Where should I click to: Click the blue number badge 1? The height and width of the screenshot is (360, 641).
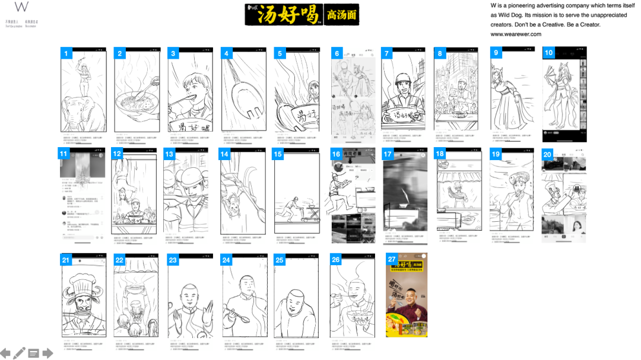pyautogui.click(x=66, y=53)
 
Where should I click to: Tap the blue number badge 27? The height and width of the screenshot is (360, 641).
pyautogui.click(x=392, y=259)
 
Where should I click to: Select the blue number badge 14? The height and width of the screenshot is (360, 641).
pyautogui.click(x=224, y=154)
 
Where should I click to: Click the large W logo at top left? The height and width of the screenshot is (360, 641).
pyautogui.click(x=21, y=8)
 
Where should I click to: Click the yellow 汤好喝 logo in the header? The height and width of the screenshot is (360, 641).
pyautogui.click(x=284, y=15)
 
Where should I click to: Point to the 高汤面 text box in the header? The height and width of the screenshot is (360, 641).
pyautogui.click(x=341, y=15)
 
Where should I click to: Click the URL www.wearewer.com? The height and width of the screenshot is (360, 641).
pyautogui.click(x=515, y=34)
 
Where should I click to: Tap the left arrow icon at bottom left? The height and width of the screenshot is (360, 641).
pyautogui.click(x=5, y=353)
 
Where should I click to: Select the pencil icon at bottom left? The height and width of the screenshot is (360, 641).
pyautogui.click(x=20, y=353)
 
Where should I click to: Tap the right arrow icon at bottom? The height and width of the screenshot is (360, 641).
pyautogui.click(x=47, y=353)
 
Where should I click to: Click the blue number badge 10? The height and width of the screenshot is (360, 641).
pyautogui.click(x=548, y=53)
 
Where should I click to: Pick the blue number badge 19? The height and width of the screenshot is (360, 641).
pyautogui.click(x=496, y=154)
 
